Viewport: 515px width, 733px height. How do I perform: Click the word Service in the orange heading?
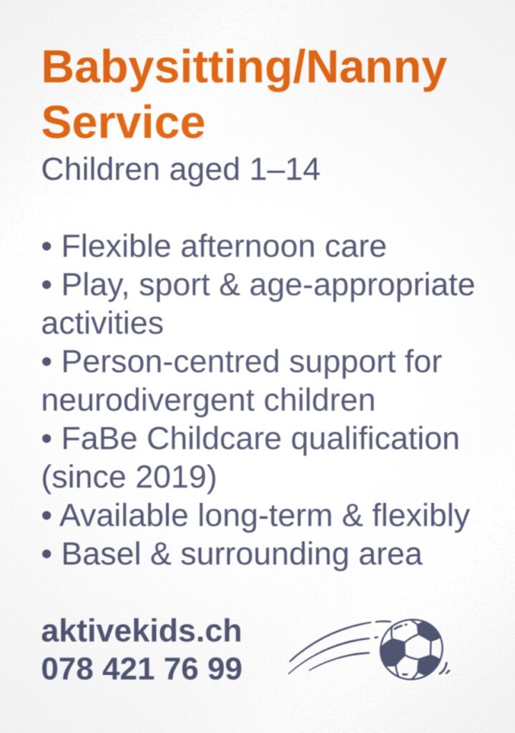[123, 122]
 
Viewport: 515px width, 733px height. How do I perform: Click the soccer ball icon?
[411, 649]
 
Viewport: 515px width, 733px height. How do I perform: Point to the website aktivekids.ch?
[141, 631]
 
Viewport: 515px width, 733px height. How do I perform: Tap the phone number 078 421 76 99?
[142, 669]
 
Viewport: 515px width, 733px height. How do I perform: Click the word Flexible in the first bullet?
[116, 246]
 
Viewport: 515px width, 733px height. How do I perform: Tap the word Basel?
[101, 555]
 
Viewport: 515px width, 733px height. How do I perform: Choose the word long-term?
[265, 515]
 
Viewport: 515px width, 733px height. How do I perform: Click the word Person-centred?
[170, 361]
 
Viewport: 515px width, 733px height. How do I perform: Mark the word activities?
[102, 323]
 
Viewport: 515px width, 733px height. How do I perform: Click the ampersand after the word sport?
[229, 285]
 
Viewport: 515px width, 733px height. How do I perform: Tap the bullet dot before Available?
[46, 517]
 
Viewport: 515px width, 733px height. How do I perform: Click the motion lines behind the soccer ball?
[334, 646]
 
